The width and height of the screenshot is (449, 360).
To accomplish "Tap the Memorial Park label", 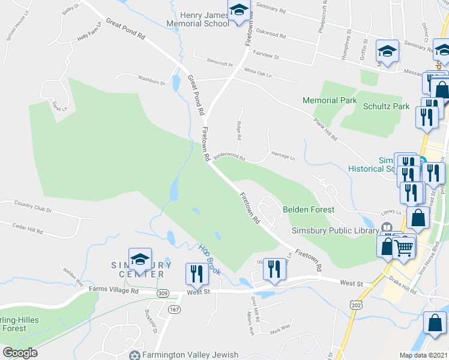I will click(330, 100).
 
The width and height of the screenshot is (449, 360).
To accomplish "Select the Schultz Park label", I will click(386, 106).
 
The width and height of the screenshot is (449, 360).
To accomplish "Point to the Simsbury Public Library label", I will click(335, 229).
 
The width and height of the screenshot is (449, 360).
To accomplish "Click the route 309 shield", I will click(163, 293).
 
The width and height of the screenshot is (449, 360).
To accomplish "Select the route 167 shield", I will click(174, 309).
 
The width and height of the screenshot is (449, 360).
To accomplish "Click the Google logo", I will click(20, 353).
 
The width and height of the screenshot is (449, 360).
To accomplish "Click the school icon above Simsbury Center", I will click(140, 259).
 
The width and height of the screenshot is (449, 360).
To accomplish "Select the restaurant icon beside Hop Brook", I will click(197, 274).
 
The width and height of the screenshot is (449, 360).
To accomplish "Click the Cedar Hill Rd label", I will click(28, 230).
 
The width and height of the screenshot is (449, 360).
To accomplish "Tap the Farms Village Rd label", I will click(114, 290).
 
